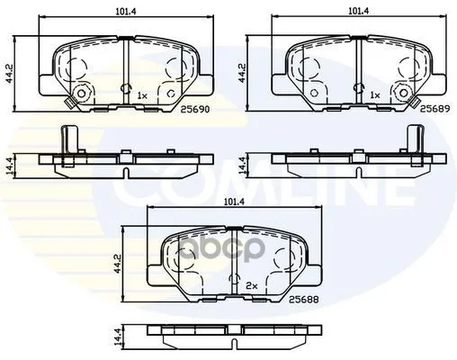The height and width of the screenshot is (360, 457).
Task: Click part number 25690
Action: tap(194, 110)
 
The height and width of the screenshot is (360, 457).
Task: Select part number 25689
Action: tap(435, 109)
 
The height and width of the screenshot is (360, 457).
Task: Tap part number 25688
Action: tap(304, 299)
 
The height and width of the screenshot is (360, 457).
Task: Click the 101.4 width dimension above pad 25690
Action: tap(126, 12)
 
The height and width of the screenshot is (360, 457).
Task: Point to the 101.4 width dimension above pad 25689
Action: tap(359, 11)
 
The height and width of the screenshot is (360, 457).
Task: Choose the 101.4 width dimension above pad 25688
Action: tap(235, 202)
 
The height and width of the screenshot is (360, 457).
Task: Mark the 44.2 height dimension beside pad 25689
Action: tap(242, 73)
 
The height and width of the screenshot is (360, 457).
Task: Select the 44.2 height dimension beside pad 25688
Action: tap(117, 264)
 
